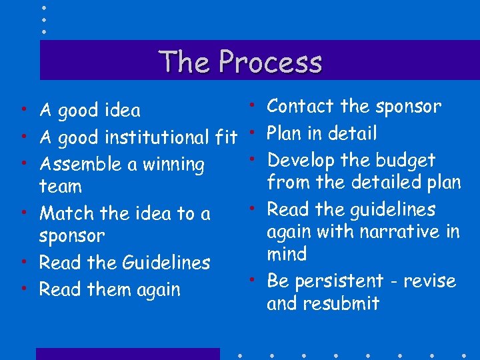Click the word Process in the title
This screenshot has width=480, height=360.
pyautogui.click(x=270, y=62)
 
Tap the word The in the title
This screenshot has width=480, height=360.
pyautogui.click(x=185, y=62)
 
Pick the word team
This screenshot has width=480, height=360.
pyautogui.click(x=60, y=187)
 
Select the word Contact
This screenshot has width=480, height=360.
pyautogui.click(x=300, y=106)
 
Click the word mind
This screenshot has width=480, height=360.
pyautogui.click(x=287, y=254)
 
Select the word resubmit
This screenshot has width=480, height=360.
pyautogui.click(x=341, y=303)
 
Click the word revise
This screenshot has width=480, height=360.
pyautogui.click(x=431, y=281)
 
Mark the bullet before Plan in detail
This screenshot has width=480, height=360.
pyautogui.click(x=255, y=132)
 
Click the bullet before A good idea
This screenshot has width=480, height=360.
pyautogui.click(x=23, y=109)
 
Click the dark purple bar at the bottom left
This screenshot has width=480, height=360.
pyautogui.click(x=127, y=354)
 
